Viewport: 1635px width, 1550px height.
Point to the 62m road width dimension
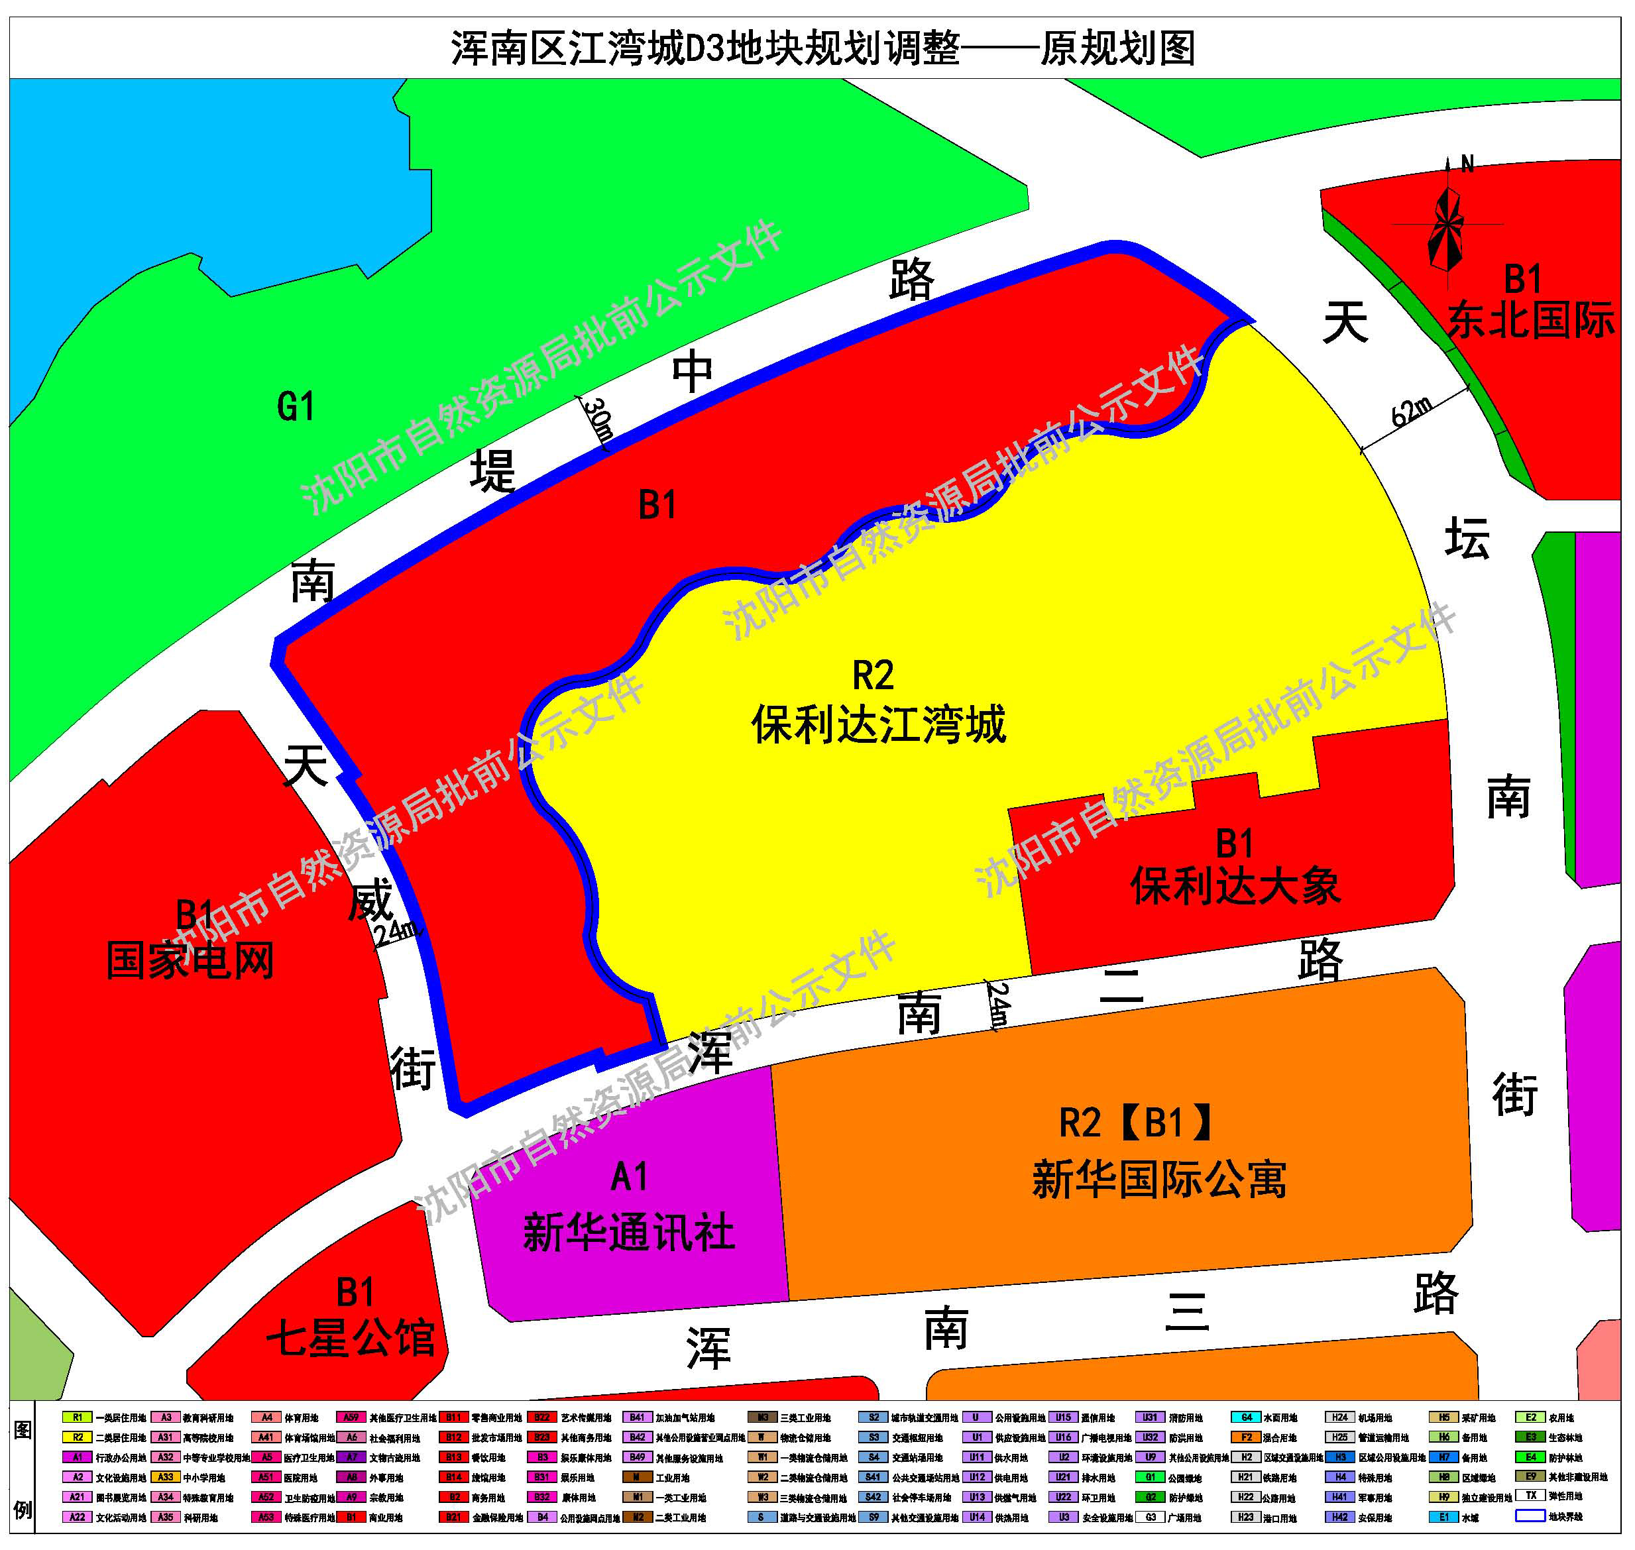point(1411,411)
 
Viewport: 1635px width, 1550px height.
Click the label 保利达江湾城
point(878,724)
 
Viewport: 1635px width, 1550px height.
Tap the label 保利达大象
point(1235,887)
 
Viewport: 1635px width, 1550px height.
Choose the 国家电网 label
point(190,961)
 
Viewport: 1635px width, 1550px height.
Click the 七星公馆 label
point(351,1338)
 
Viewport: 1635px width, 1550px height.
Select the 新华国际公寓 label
point(1159,1179)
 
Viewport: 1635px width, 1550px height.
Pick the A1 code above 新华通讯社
point(629,1178)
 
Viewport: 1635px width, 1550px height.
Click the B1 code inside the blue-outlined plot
point(657,505)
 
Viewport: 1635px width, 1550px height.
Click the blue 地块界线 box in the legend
point(1530,1517)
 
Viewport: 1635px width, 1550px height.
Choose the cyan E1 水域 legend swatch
point(1443,1517)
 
